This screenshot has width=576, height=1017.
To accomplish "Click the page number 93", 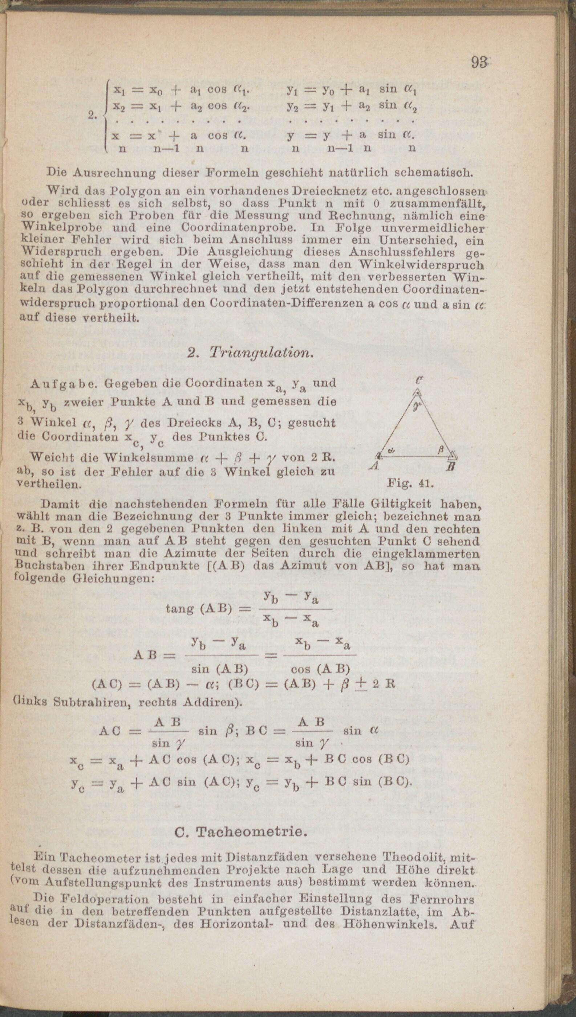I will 480,62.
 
